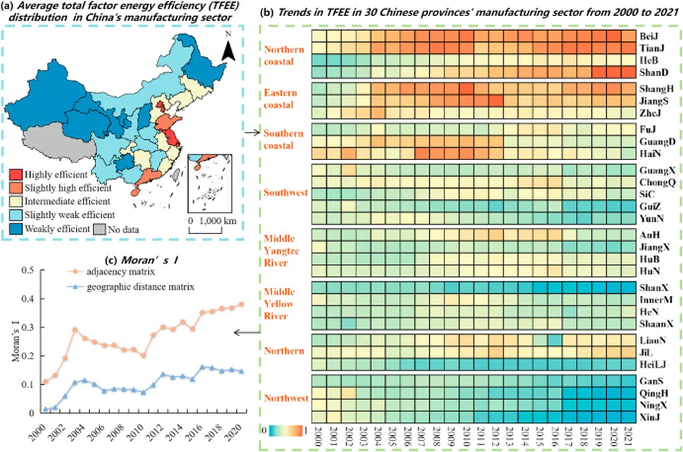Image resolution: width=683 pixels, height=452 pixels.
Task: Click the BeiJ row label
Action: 649,36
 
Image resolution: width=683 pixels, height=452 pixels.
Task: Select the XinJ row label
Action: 650,417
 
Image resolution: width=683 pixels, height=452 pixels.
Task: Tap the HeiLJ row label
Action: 652,363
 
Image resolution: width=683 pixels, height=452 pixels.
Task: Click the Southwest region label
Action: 285,193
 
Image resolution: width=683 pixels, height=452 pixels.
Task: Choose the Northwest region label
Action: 286,399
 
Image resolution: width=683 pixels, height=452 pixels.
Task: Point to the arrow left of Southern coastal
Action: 251,133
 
